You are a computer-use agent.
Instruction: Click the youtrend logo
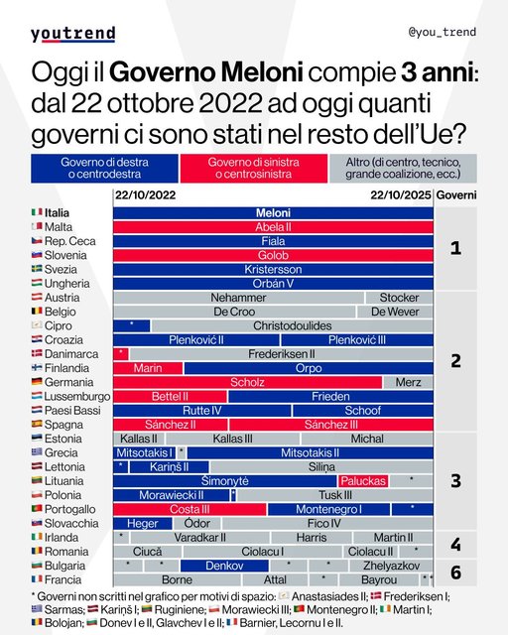click(x=72, y=34)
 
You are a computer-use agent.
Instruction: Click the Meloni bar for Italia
click(x=273, y=212)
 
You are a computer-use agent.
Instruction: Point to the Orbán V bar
click(x=273, y=283)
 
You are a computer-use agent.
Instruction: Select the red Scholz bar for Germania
click(x=247, y=381)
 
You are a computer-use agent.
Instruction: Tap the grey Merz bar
click(x=408, y=381)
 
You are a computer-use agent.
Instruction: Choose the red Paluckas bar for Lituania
click(x=362, y=480)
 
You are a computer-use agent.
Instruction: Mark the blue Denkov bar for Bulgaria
click(x=211, y=566)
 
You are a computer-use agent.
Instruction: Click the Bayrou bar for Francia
click(x=379, y=579)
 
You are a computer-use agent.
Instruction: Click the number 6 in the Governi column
click(x=455, y=572)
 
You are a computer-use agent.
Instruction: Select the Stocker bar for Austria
click(x=399, y=297)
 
